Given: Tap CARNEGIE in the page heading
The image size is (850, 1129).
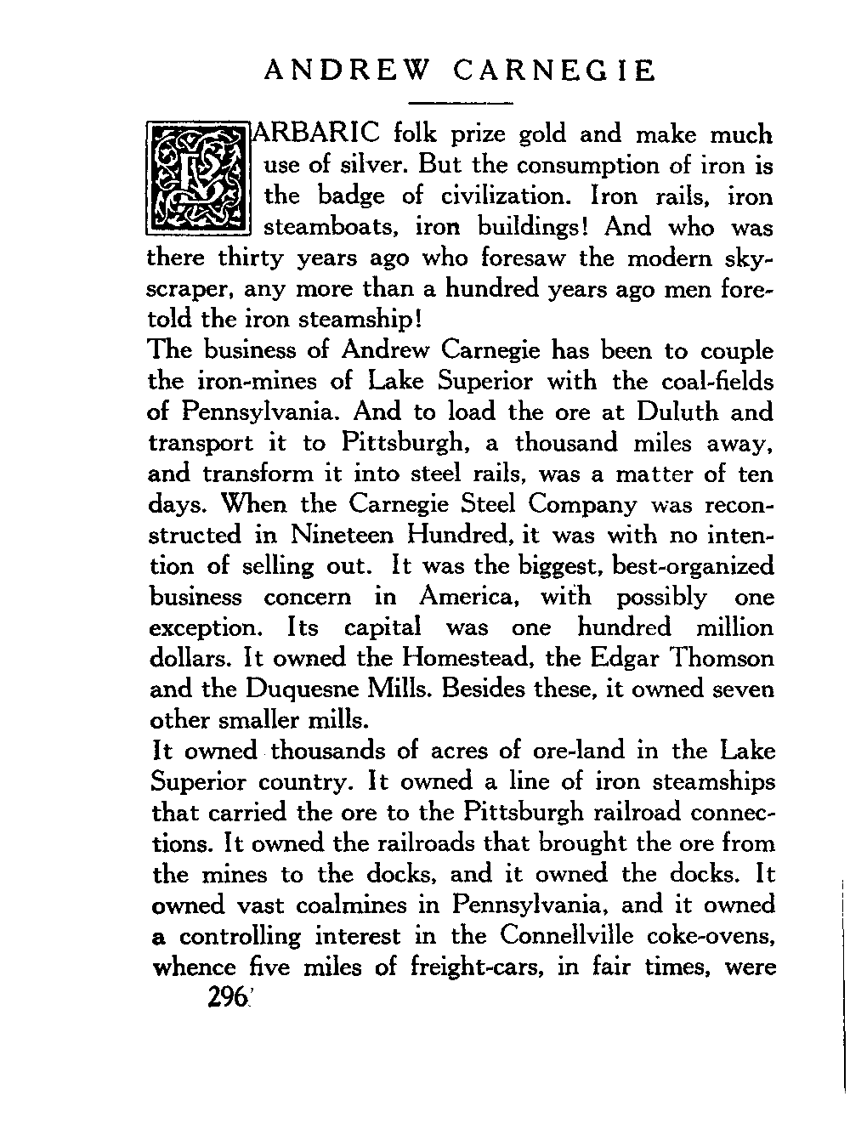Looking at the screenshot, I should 554,71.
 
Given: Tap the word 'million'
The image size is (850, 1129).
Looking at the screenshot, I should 733,627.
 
